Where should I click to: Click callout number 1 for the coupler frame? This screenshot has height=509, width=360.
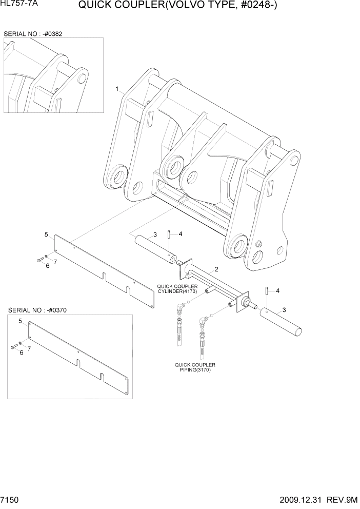click(x=117, y=89)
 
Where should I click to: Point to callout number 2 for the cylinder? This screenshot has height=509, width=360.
click(x=217, y=269)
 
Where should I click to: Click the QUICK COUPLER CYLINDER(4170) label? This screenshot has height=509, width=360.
click(x=177, y=289)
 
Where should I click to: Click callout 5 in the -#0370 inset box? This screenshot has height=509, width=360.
click(x=20, y=321)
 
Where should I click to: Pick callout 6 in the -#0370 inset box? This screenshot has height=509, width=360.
click(x=22, y=353)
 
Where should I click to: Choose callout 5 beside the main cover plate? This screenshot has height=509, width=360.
click(x=46, y=234)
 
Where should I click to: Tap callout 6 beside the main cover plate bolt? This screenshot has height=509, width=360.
click(x=47, y=266)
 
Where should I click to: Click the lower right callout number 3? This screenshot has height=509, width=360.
click(x=284, y=310)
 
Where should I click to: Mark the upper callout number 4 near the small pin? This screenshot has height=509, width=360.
click(x=179, y=234)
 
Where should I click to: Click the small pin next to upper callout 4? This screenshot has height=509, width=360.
click(x=169, y=235)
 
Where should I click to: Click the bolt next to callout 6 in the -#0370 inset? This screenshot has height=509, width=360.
click(x=13, y=347)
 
